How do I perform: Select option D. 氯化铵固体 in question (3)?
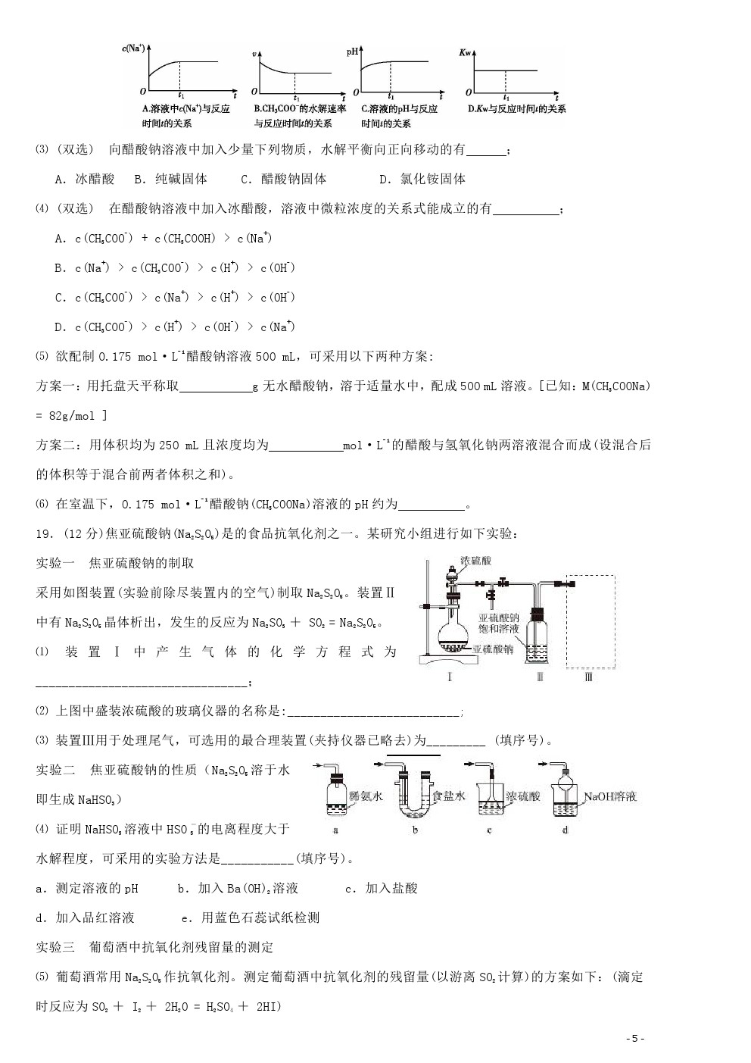tap(422, 179)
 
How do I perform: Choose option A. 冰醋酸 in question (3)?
tap(85, 179)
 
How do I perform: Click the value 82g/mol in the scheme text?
tap(74, 415)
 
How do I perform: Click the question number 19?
tap(43, 534)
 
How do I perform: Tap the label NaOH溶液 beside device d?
tap(609, 796)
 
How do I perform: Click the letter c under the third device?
tap(489, 830)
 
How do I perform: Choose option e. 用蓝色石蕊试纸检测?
tap(250, 918)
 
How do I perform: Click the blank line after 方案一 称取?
tap(216, 386)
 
